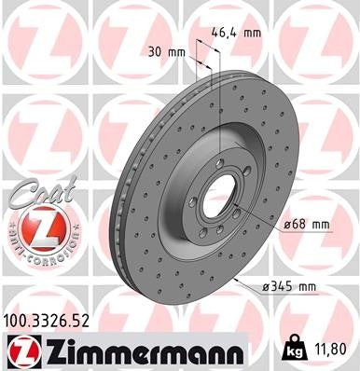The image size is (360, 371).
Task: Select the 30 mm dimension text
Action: coord(161,53)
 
